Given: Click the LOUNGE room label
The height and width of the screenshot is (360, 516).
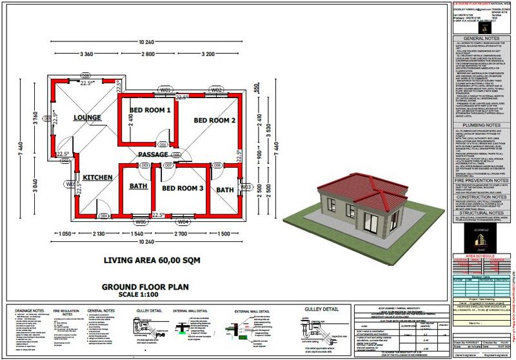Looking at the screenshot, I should tap(87, 117).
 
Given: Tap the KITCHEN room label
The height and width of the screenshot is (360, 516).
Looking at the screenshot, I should tap(98, 175).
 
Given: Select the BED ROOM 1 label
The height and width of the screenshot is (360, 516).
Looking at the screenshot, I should tap(150, 110).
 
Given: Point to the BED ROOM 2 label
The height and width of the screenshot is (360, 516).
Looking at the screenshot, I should tap(215, 121).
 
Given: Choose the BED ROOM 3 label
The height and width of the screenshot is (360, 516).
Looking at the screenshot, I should tap(183, 188).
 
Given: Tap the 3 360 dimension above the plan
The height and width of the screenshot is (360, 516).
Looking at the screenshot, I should tap(88, 55).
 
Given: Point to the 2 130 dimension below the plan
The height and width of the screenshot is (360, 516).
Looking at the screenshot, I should tap(98, 233).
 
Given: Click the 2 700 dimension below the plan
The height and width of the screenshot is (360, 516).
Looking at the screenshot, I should tap(183, 233).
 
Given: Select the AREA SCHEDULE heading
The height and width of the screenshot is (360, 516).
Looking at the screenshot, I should tap(478, 255).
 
